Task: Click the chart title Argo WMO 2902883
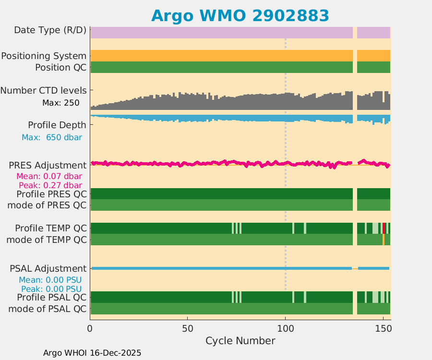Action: [240, 15]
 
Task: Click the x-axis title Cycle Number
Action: [240, 341]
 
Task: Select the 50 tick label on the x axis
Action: [188, 329]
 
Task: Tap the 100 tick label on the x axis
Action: [286, 329]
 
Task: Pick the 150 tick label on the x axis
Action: [383, 329]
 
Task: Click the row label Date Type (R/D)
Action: [50, 30]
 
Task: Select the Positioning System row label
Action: [44, 56]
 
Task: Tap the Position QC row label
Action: [60, 68]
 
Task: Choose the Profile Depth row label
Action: [57, 125]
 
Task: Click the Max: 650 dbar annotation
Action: [52, 137]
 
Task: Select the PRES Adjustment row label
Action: [48, 166]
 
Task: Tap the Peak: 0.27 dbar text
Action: [50, 185]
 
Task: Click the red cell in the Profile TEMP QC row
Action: [384, 228]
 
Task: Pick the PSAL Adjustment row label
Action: [48, 268]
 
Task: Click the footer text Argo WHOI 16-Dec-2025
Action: [92, 353]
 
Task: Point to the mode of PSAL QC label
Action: [48, 309]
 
